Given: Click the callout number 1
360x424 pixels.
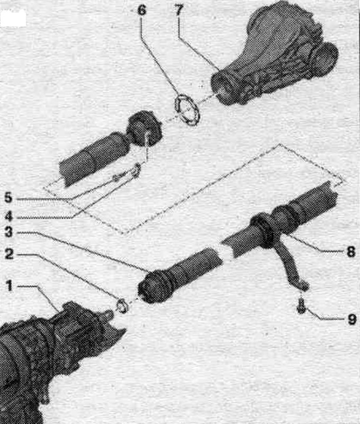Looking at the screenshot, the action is coord(10,285).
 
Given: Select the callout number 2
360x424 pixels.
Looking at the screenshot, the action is coord(9,254).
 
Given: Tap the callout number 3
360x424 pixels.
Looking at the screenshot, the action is coord(8,232).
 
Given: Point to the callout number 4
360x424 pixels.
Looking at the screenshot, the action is coord(8,216).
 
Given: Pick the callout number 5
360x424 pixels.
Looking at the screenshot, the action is coord(8,197).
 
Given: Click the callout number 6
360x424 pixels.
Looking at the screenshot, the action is coord(142,10).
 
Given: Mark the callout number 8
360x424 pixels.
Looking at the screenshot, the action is coord(351,252).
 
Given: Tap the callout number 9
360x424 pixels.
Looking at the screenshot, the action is coord(352,319).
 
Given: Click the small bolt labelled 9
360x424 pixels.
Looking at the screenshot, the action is coord(302,306).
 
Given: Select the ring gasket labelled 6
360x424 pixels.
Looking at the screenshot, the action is coord(187,110).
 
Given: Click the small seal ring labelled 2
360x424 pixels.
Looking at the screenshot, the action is coord(122,306).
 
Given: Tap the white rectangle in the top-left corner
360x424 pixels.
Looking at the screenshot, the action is coord(13,19).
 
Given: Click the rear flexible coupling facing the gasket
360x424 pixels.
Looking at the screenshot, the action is coord(144,129).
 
